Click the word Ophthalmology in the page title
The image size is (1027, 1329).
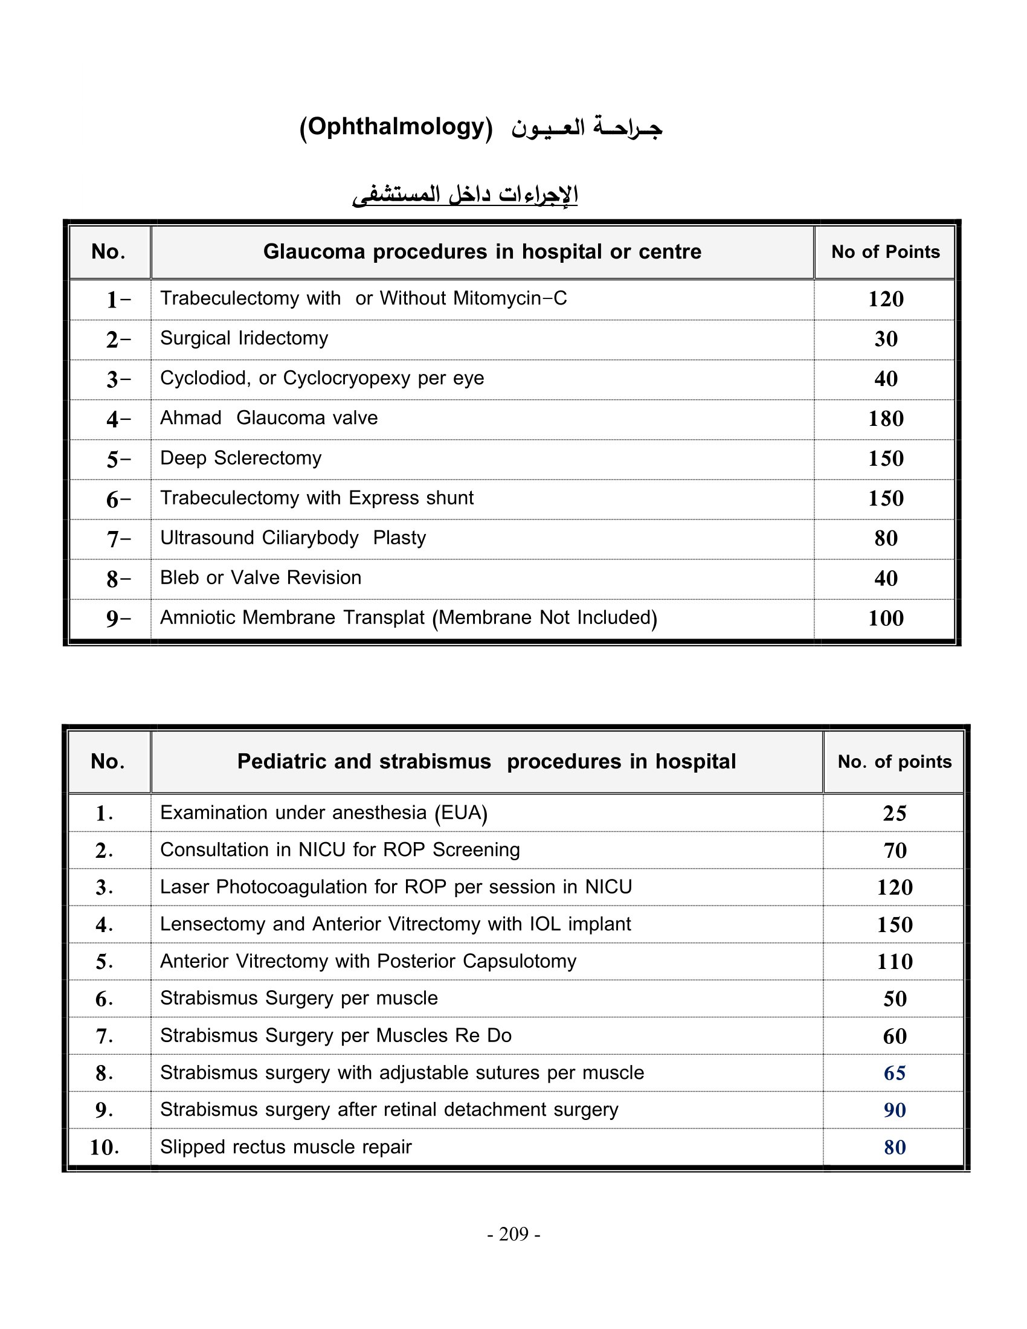tap(396, 127)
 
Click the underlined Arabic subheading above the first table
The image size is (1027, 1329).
tap(465, 195)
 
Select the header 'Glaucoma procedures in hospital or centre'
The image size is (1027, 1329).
tap(482, 252)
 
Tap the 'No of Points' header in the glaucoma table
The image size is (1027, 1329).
tap(885, 252)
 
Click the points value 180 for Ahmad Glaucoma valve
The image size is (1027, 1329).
tap(885, 419)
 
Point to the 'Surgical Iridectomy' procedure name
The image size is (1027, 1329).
tap(244, 338)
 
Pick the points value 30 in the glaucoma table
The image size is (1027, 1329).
tap(886, 339)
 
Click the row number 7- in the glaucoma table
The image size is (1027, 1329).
tap(118, 539)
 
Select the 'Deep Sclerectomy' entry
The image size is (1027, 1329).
tap(240, 459)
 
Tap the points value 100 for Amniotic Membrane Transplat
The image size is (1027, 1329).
tap(885, 618)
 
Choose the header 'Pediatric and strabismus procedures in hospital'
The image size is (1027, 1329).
tap(486, 762)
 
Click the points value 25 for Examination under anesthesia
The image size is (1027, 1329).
tap(894, 814)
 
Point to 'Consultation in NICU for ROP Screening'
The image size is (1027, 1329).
tap(340, 850)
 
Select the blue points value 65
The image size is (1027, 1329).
tap(894, 1073)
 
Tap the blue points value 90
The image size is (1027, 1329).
tap(894, 1110)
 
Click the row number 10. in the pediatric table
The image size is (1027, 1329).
tap(104, 1148)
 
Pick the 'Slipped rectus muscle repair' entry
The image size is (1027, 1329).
tap(285, 1147)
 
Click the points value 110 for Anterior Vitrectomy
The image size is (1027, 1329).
tap(894, 962)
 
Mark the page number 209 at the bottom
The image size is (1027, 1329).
tap(513, 1234)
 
